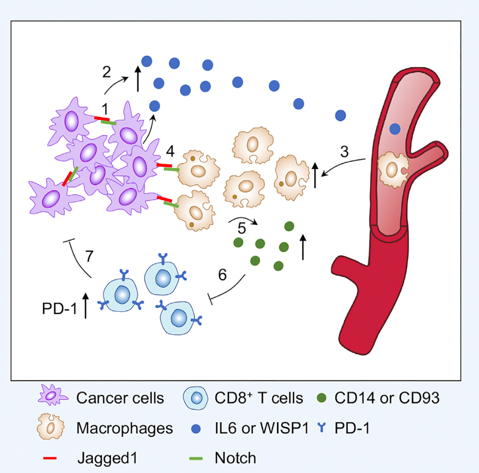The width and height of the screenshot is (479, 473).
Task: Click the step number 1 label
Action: coord(105,108)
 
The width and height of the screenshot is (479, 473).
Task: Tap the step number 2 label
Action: coord(107,72)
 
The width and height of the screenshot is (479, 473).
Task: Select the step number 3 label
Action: coord(344,151)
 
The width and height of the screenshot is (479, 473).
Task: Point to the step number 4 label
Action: coord(170,151)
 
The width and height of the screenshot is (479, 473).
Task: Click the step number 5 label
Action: coord(241,228)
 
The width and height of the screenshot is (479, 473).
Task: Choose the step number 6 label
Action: coord(222,275)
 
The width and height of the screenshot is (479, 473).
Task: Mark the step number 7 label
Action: coord(89,256)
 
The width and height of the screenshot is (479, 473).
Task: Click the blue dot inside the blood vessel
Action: coord(395,129)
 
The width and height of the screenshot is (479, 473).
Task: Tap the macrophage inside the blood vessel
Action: coord(393,170)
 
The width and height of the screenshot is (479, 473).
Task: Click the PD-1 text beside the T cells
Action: coord(60,309)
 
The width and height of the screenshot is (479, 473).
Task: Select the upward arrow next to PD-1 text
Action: coord(86,305)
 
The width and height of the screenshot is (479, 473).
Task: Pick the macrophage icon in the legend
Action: coord(51,426)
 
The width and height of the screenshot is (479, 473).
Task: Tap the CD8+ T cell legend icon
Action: coord(196,398)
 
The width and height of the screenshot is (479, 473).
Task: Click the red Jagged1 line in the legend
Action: coord(50,458)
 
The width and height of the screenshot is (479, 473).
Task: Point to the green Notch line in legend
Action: coord(196,458)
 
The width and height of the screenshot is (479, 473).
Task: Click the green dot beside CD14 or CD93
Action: coord(322,398)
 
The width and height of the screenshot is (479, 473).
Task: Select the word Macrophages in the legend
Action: coord(125,428)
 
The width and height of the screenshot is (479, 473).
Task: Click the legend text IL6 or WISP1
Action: coord(262,428)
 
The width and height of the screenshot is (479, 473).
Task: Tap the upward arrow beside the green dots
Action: coord(303,247)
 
